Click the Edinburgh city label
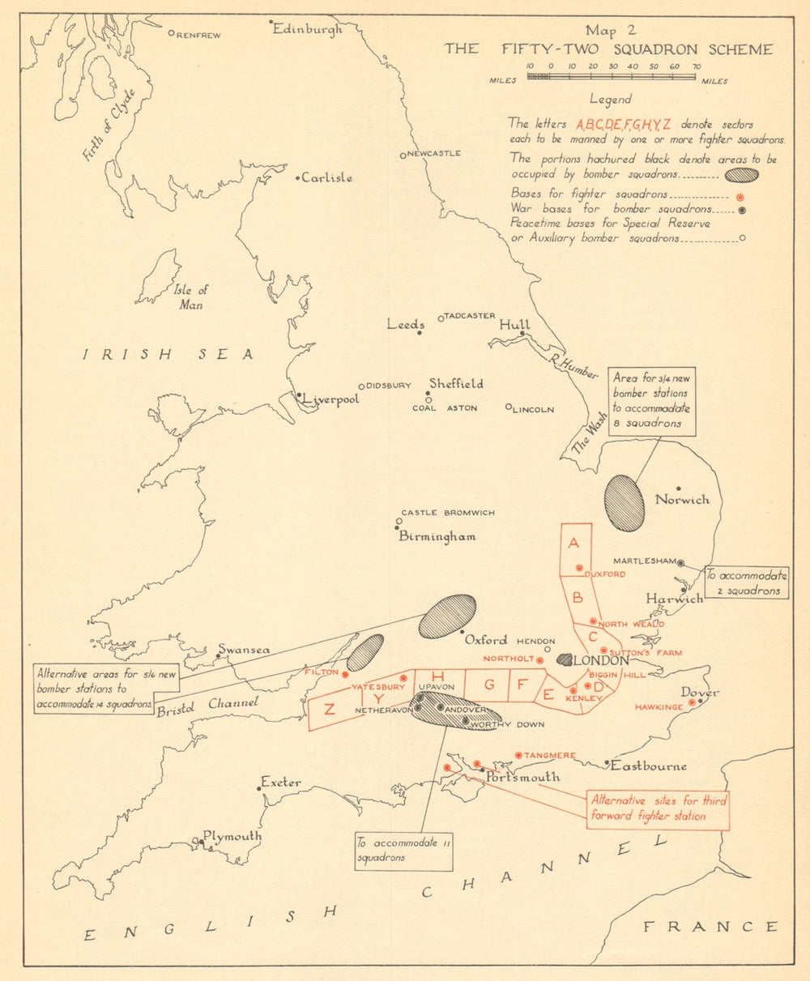307,28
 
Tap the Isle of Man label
192,296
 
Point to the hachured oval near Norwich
625,503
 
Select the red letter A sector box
575,550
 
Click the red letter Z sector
330,710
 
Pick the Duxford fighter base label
604,574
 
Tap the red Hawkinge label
658,707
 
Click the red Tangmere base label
550,756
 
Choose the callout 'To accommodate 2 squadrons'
746,583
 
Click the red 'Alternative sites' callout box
659,809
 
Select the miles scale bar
612,77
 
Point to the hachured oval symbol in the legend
741,174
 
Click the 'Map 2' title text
612,31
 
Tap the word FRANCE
710,926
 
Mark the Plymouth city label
232,837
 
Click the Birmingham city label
437,536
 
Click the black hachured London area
564,659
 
